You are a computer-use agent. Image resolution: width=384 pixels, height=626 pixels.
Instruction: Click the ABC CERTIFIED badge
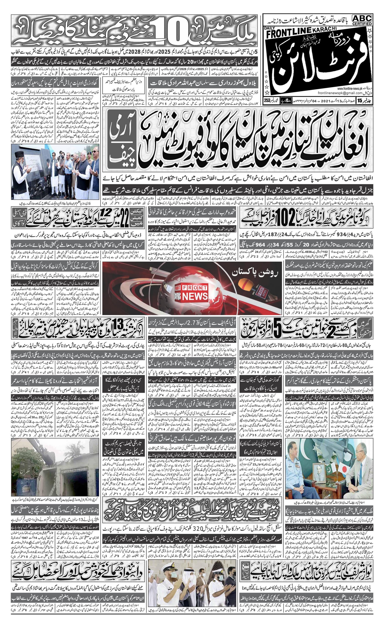pos(362,20)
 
